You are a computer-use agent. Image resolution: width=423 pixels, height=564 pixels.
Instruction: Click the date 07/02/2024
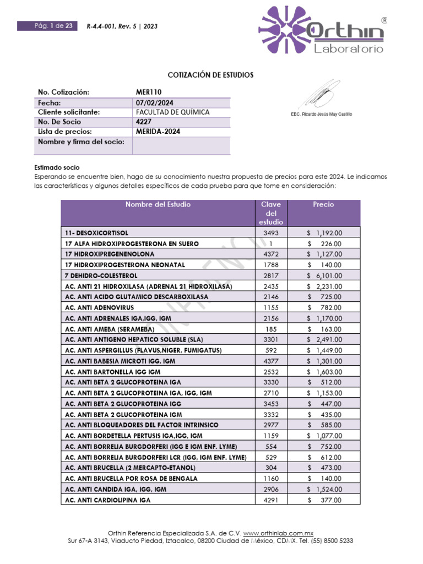(x=154, y=102)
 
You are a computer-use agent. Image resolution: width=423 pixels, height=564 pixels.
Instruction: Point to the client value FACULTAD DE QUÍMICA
(x=172, y=112)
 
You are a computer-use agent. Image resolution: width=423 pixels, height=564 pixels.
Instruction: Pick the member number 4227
(x=143, y=122)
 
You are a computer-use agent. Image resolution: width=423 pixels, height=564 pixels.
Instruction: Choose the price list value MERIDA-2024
(x=158, y=132)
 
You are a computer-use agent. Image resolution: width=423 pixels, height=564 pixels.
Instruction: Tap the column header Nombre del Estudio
(x=158, y=204)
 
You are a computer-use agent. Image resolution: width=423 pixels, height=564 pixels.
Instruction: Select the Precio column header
(x=323, y=204)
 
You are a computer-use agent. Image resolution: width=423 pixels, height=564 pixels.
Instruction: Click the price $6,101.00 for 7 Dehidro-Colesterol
(x=324, y=275)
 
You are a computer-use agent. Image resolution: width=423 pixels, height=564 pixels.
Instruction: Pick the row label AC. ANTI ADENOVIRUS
(x=99, y=307)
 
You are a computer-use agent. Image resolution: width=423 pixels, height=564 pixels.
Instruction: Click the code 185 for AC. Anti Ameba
(x=270, y=329)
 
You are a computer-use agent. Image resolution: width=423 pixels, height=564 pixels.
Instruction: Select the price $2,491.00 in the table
(x=324, y=339)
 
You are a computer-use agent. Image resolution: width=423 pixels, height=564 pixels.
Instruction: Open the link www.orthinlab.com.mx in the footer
(x=278, y=533)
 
